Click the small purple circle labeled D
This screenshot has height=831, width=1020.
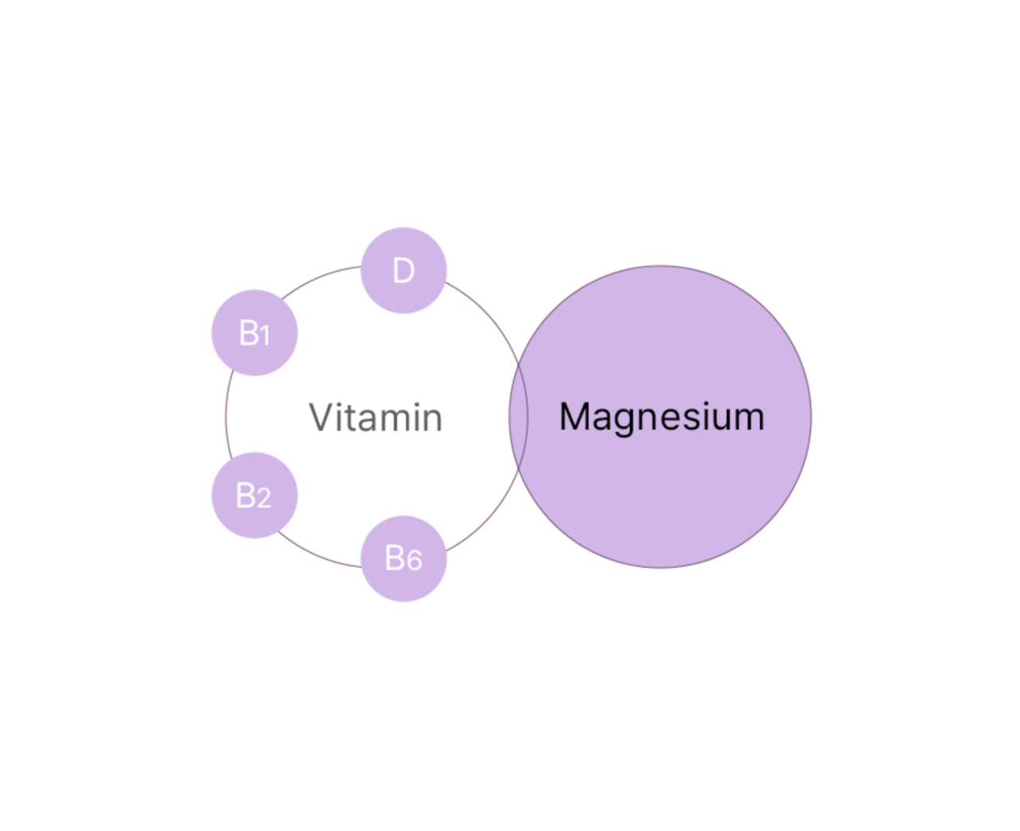coord(404,270)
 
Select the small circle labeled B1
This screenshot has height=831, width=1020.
coord(254,333)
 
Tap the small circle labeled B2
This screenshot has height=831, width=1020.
coord(254,495)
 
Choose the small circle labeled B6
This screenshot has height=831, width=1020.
coord(404,558)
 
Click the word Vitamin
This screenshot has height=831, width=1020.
coord(376,418)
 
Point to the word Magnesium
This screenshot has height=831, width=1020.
coord(662,418)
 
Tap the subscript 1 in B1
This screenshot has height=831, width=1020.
coord(265,335)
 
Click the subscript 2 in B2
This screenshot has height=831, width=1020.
coord(263,498)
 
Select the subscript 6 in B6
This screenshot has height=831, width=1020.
coord(414,561)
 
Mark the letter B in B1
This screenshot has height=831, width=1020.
coord(249,333)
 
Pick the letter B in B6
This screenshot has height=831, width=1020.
coord(395,557)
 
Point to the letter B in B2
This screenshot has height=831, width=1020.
coord(245,495)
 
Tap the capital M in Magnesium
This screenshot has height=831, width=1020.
coord(575,416)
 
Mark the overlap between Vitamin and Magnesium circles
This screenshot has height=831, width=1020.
coord(518,418)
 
